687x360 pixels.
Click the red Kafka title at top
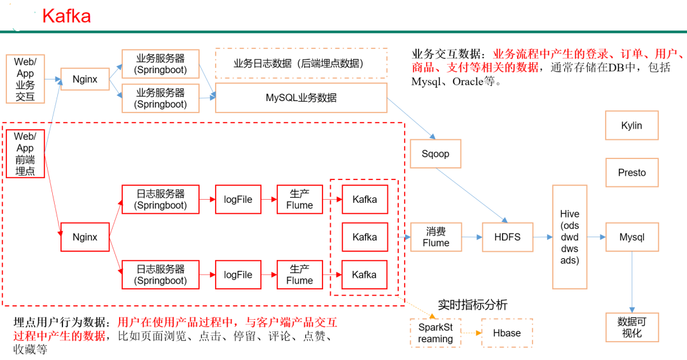click(x=66, y=16)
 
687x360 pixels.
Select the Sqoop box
click(x=435, y=154)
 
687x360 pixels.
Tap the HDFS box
click(x=507, y=237)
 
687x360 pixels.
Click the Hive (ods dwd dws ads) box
click(x=569, y=237)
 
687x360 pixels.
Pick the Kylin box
click(x=631, y=125)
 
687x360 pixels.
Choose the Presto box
click(x=631, y=172)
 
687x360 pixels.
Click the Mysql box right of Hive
click(x=631, y=237)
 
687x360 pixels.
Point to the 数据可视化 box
click(x=631, y=327)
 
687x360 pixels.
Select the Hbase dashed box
click(x=506, y=333)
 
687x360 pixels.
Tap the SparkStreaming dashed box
click(x=435, y=333)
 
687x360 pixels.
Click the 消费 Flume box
click(x=435, y=237)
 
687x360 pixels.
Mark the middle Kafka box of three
click(x=364, y=237)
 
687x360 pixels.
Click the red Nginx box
click(x=85, y=237)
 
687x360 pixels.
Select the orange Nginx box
click(x=85, y=80)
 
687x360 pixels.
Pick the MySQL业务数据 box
click(x=301, y=98)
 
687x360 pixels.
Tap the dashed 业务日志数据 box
click(x=301, y=64)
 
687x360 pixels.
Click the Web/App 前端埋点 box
click(x=25, y=153)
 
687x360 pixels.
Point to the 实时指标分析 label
click(x=473, y=305)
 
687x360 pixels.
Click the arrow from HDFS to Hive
click(x=542, y=237)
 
